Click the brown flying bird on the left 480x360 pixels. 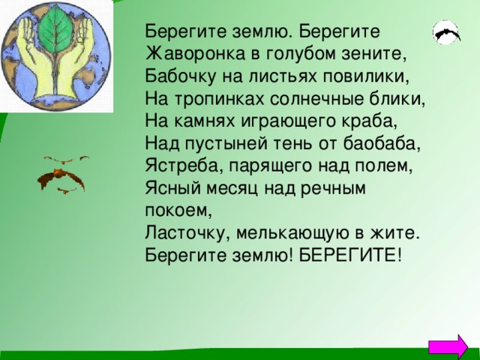click(63, 177)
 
